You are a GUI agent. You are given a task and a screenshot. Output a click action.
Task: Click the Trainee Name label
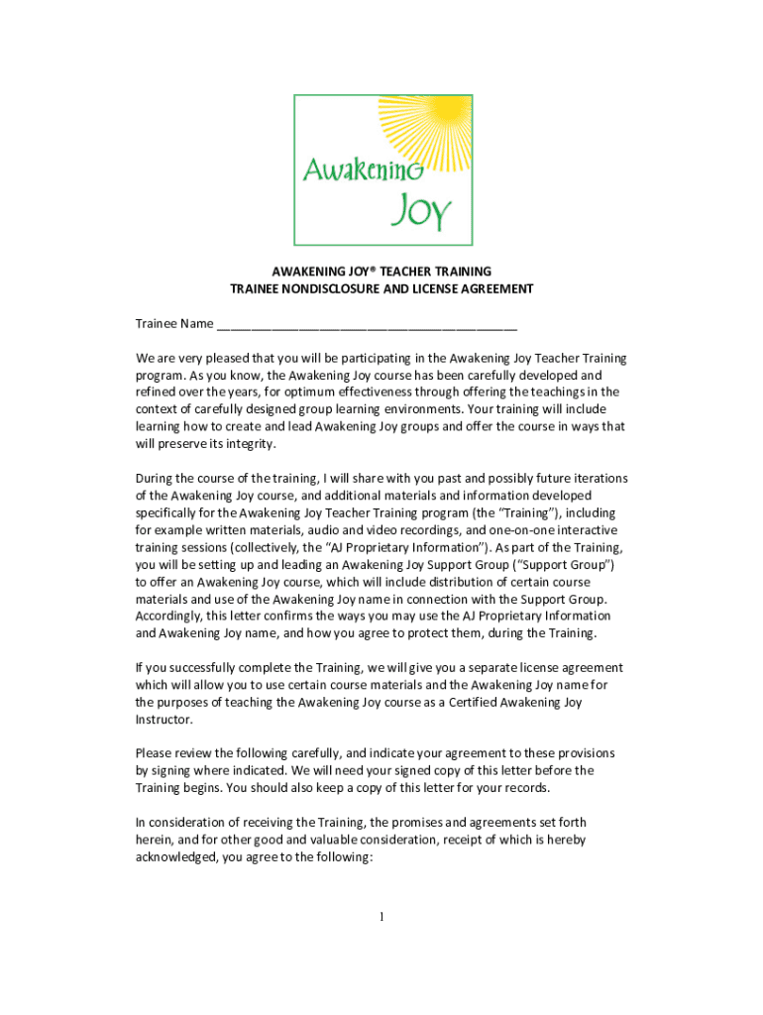pos(174,324)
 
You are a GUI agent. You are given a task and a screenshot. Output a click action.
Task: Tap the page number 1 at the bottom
pos(381,917)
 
